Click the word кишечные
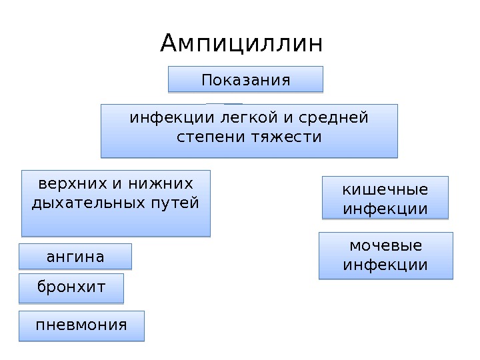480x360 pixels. (x=385, y=190)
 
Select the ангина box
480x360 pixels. (x=75, y=256)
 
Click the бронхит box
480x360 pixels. (x=71, y=288)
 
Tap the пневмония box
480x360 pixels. (x=81, y=325)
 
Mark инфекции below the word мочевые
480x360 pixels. (x=385, y=265)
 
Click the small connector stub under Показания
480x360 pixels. (x=225, y=105)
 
